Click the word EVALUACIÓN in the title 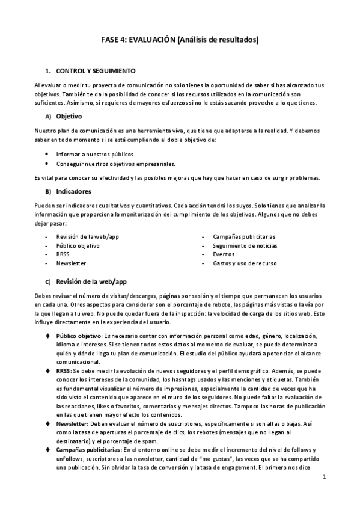pyautogui.click(x=149, y=40)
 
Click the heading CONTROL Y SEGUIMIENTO pyautogui.click(x=95, y=70)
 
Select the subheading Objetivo pyautogui.click(x=69, y=116)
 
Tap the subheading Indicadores pyautogui.click(x=73, y=192)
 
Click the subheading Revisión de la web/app pyautogui.click(x=91, y=281)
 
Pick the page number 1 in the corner pyautogui.click(x=323, y=478)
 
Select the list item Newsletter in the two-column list pyautogui.click(x=71, y=263)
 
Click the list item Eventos pyautogui.click(x=224, y=254)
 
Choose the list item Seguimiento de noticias pyautogui.click(x=245, y=245)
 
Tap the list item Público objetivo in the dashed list pyautogui.click(x=78, y=245)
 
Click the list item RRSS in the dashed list pyautogui.click(x=63, y=254)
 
